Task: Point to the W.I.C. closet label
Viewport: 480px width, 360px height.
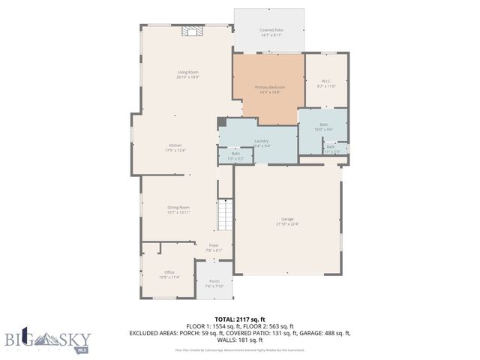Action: [x=326, y=83]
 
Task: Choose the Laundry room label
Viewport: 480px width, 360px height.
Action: [x=261, y=142]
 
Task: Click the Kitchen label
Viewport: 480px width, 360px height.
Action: [x=175, y=147]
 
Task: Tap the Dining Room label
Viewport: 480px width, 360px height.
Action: [x=178, y=209]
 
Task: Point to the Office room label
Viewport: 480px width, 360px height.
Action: [x=169, y=274]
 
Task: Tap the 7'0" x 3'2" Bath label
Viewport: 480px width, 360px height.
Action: [x=235, y=156]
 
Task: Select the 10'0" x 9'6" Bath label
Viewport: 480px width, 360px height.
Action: [x=323, y=127]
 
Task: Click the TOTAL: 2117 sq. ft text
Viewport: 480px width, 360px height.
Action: [x=240, y=319]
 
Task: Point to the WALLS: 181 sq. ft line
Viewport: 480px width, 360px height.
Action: [x=240, y=339]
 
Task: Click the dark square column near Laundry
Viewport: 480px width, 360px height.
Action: [x=221, y=122]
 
